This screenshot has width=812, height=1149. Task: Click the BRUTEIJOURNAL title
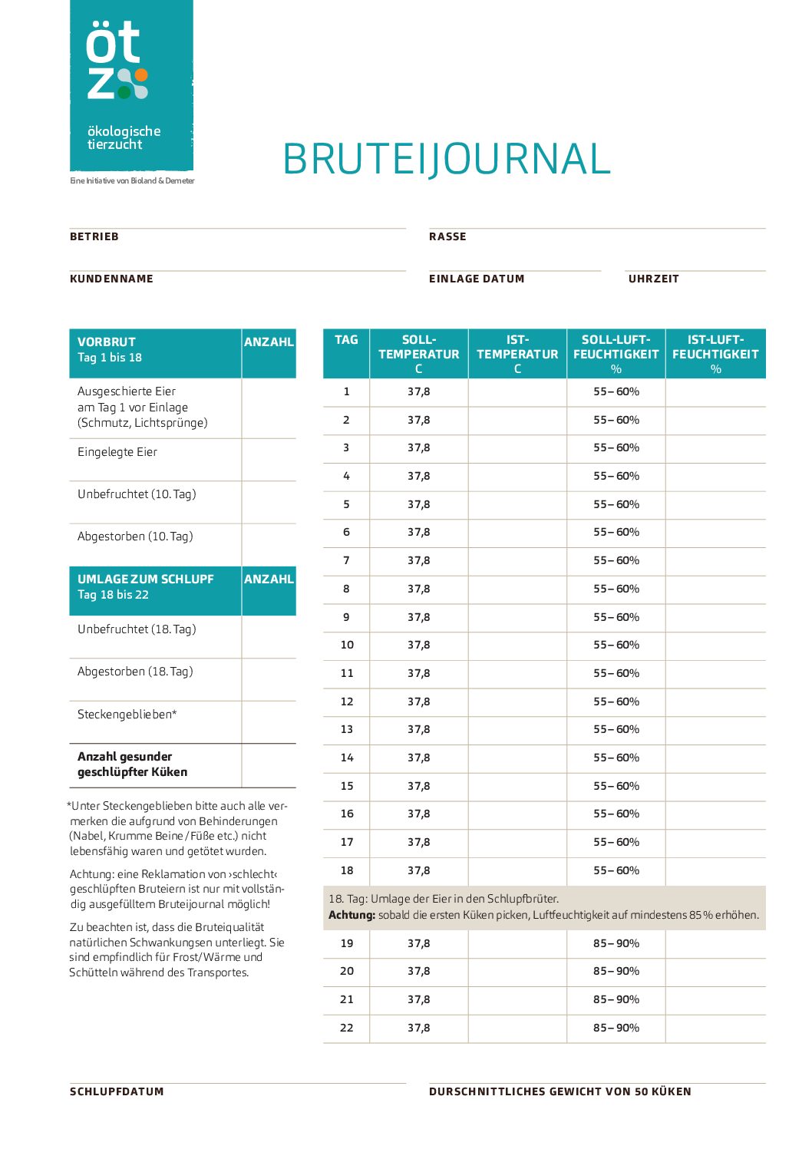pos(446,159)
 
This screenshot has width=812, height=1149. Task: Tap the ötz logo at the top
pos(131,85)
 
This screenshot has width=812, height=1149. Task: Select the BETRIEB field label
pos(94,236)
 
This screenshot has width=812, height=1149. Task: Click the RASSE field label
pos(447,236)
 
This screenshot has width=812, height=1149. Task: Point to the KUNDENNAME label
pos(111,279)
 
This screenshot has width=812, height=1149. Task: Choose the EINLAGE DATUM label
pos(477,279)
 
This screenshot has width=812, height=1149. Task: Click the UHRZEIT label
pos(654,279)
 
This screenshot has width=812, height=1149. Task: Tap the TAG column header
pos(346,340)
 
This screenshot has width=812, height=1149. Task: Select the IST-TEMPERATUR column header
pos(517,354)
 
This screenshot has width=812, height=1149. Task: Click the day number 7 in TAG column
pos(346,560)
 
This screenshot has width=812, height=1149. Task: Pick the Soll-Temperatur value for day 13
pos(419,729)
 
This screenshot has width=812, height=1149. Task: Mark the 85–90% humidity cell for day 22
pos(616,1028)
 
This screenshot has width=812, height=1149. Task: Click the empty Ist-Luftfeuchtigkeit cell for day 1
pos(715,391)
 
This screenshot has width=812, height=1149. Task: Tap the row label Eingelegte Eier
pos(117,452)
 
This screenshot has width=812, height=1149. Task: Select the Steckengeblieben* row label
pos(127,715)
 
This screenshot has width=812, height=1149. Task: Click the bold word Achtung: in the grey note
pos(352,915)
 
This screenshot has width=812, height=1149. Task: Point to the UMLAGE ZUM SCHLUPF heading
pos(146,579)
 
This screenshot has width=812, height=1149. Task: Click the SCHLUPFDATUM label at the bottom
pos(117,1091)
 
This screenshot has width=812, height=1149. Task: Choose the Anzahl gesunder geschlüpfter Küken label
pos(132,764)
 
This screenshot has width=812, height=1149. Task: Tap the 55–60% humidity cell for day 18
pos(616,870)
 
